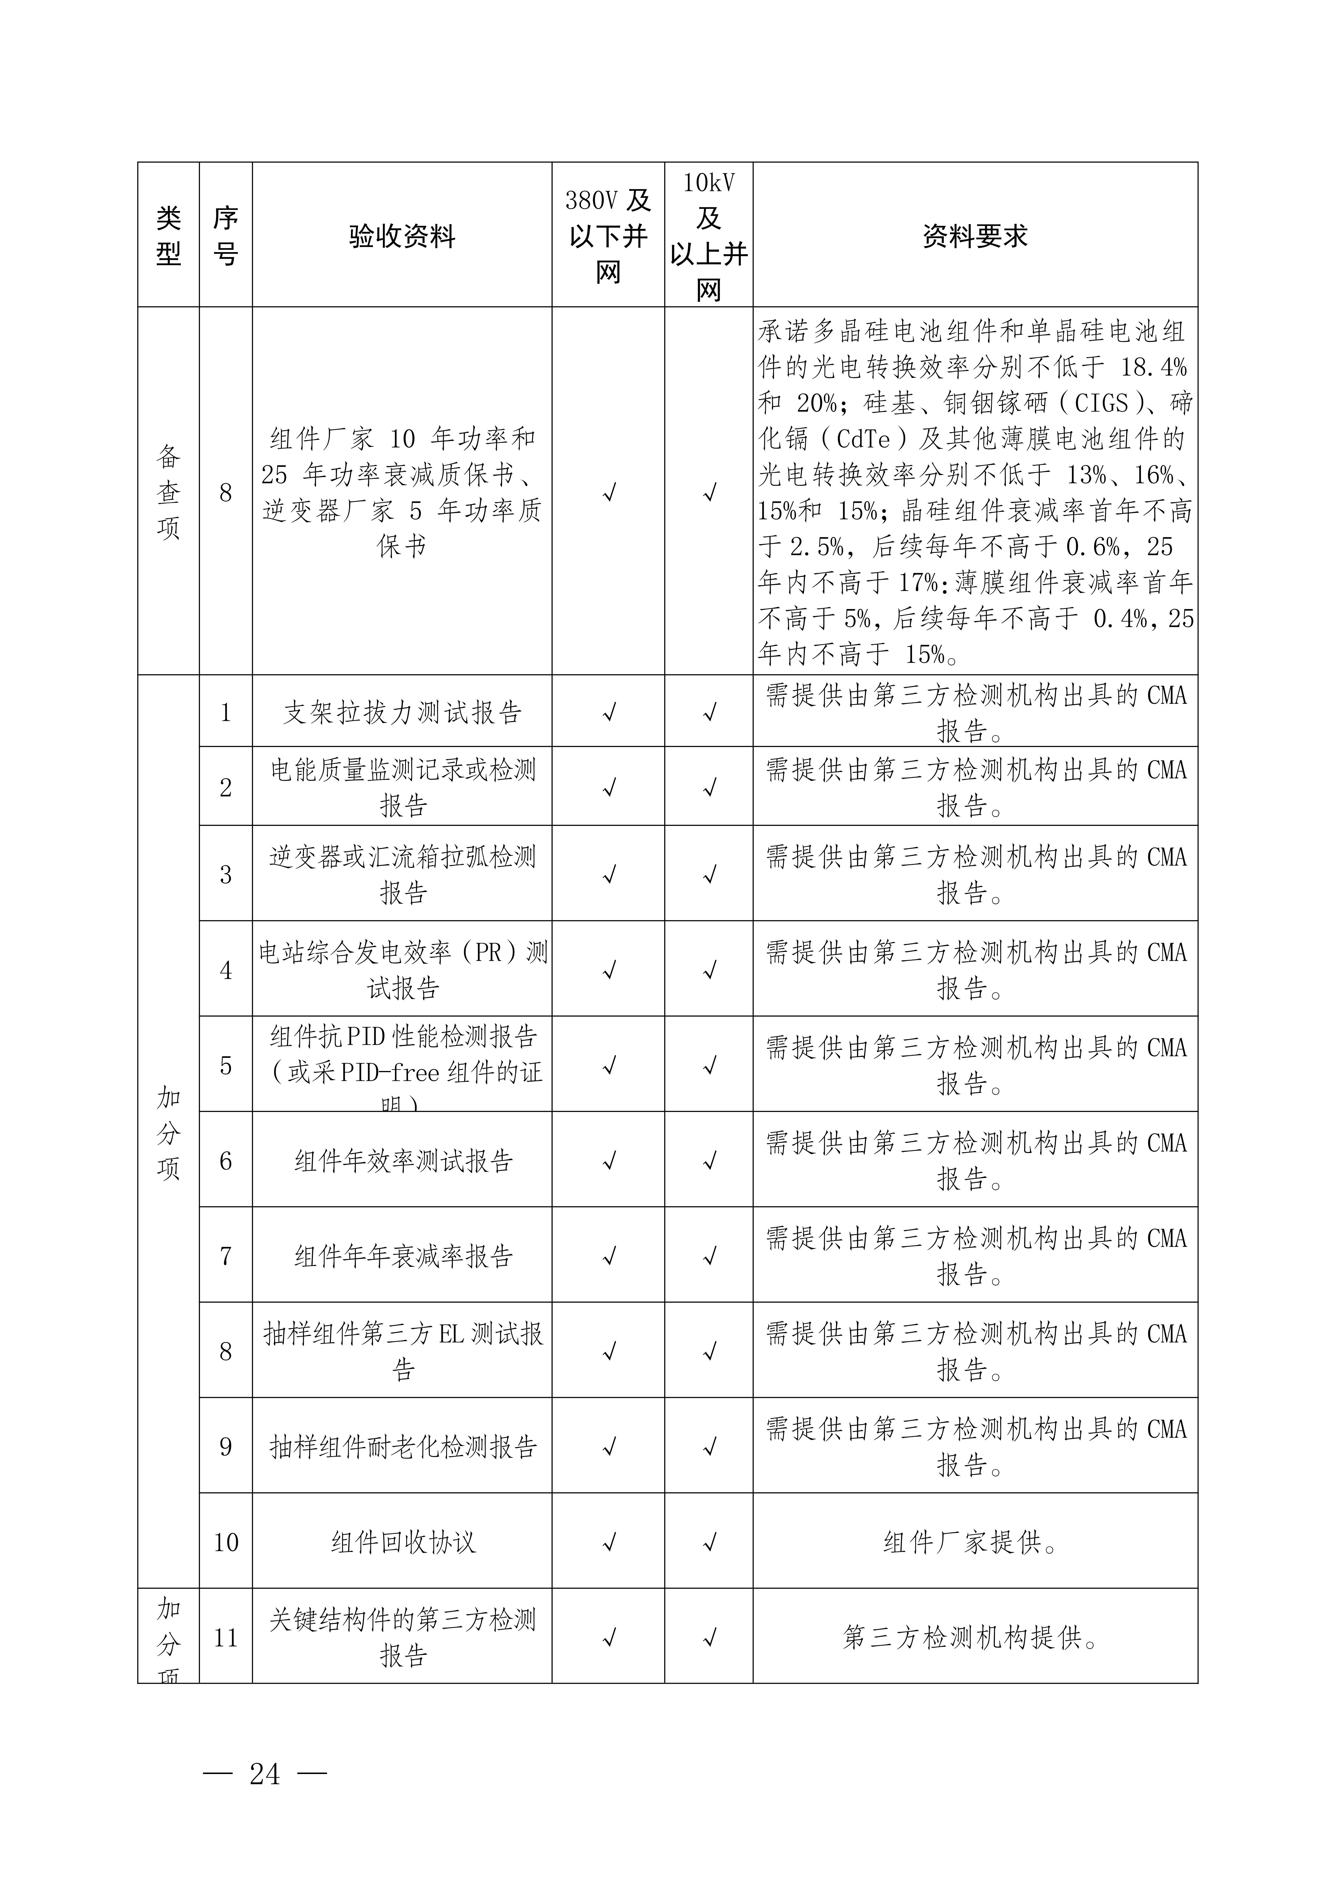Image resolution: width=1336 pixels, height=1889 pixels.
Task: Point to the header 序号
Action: [x=226, y=236]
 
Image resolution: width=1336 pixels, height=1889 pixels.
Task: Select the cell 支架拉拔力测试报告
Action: [x=402, y=713]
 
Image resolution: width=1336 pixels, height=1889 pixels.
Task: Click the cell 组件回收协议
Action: [x=402, y=1542]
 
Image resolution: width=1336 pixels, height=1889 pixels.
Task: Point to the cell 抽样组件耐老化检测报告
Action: [x=402, y=1446]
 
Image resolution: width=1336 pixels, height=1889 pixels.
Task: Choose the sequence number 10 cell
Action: [x=226, y=1542]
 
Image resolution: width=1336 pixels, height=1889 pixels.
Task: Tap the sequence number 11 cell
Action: [x=226, y=1637]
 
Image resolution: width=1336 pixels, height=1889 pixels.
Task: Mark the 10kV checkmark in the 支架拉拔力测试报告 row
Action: [x=709, y=713]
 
